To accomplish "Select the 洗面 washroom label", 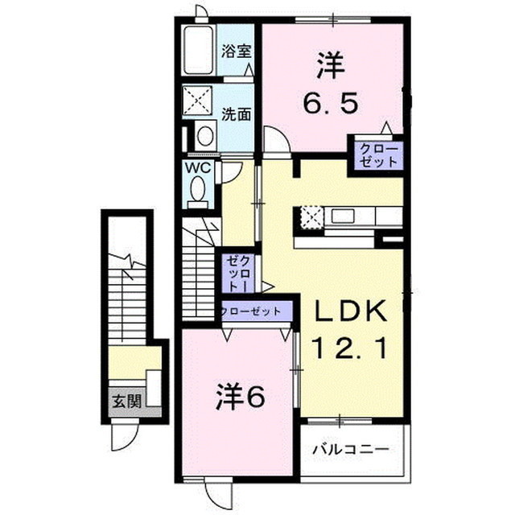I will tap(237, 114).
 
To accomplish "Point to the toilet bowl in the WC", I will tap(198, 191).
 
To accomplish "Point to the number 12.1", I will tap(351, 349).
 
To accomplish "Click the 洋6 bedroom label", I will tap(240, 396).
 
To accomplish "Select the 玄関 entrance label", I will tap(126, 400).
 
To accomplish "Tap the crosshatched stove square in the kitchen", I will tap(311, 216).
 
